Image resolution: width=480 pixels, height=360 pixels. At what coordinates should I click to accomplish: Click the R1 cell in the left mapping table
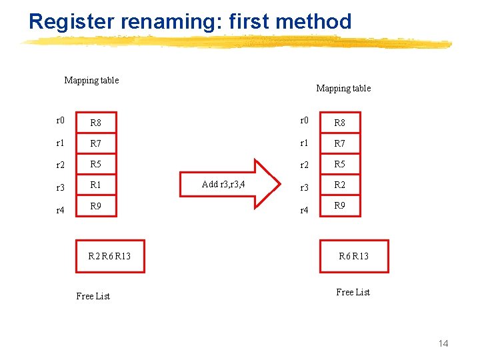97,185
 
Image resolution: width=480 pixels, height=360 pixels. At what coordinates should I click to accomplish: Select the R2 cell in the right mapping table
340,185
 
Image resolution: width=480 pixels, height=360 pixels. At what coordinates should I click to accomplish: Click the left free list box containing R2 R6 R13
110,256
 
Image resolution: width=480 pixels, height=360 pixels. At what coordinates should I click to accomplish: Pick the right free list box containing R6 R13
353,256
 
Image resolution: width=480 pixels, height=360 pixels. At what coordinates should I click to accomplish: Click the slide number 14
443,343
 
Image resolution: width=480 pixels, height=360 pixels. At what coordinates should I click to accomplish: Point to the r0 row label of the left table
60,121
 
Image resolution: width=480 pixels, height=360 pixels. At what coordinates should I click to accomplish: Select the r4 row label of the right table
304,210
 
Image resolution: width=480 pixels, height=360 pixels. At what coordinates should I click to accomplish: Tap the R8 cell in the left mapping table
97,123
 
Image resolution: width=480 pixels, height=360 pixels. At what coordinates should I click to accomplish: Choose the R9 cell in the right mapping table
340,206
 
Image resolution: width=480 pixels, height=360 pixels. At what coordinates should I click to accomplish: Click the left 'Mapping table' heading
91,81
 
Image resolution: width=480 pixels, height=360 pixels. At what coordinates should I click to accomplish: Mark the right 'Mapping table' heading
343,88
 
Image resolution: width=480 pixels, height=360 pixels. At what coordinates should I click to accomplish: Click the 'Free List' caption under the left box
93,296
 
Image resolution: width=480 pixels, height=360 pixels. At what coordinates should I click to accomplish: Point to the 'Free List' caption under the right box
353,292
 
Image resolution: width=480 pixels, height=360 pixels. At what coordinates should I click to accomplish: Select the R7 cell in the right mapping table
340,143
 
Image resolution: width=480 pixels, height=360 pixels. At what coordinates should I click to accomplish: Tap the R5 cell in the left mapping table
97,164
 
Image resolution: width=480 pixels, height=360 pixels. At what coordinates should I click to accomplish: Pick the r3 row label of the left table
60,188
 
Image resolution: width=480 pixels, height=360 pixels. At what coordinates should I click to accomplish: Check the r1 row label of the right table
304,143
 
